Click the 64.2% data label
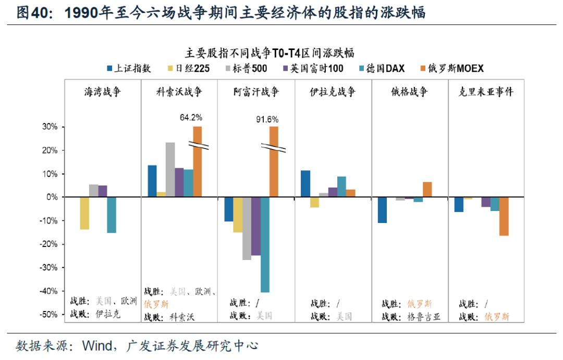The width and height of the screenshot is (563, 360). [191, 117]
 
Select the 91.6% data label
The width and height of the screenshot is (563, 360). [267, 119]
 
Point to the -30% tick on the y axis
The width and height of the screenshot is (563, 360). [50, 268]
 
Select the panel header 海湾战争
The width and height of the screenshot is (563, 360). [103, 92]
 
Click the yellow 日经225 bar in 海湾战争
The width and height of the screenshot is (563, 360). [84, 213]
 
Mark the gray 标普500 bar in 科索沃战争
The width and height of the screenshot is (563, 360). [170, 170]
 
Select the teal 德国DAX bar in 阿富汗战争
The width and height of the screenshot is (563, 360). [265, 244]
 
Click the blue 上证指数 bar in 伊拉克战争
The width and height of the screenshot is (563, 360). [305, 184]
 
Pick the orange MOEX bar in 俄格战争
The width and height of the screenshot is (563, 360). [427, 190]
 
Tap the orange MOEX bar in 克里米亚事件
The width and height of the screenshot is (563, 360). [504, 216]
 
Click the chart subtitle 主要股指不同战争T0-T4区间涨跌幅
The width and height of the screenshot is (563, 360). [270, 53]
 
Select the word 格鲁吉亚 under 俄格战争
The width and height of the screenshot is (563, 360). [424, 316]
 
